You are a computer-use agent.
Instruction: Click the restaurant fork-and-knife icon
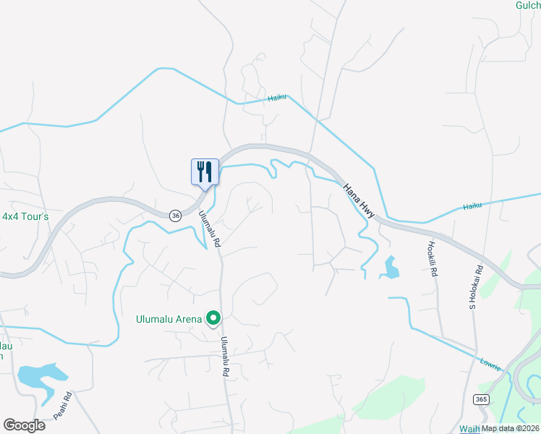pos(204,172)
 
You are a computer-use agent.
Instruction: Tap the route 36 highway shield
pos(175,215)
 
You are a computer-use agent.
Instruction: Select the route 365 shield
pos(481,399)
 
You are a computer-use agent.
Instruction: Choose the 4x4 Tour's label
pos(25,216)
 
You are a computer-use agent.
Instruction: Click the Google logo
pos(24,425)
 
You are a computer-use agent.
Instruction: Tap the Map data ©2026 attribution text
pos(511,428)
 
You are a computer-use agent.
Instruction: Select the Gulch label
pos(527,5)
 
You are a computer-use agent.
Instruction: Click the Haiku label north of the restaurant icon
pos(277,98)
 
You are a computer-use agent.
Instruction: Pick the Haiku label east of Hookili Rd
pos(472,206)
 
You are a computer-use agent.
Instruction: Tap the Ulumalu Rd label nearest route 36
pos(208,229)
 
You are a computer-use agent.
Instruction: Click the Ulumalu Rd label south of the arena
pos(225,357)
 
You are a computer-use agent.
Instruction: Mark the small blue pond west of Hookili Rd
pos(391,268)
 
